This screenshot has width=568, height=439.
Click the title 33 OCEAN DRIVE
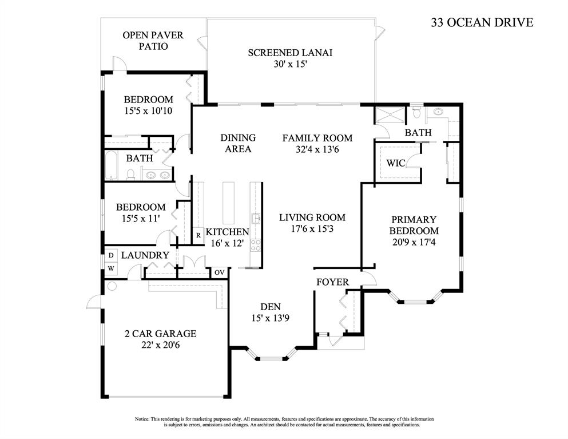point(482,23)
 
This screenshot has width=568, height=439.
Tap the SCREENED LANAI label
point(290,53)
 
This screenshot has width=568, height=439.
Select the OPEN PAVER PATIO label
point(153,41)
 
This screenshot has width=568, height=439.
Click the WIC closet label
point(395,163)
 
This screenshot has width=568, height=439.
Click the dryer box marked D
point(110,255)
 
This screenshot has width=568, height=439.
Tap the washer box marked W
point(110,268)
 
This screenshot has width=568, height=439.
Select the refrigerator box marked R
point(198,235)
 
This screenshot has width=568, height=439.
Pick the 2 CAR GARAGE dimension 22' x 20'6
point(161,345)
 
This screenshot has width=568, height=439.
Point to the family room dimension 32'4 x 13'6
point(317,149)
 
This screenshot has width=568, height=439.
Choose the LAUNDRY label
point(145,255)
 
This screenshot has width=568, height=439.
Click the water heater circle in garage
point(112,286)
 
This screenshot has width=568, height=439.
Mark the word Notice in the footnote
point(143,420)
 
